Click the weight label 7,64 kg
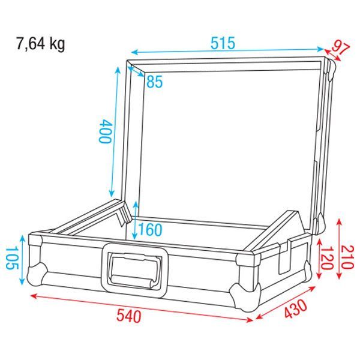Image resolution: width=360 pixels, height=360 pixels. coord(40,44)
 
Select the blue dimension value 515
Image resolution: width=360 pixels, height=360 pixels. coord(223,43)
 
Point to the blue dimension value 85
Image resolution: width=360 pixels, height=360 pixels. coord(155,82)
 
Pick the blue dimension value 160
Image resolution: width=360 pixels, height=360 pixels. coord(151,229)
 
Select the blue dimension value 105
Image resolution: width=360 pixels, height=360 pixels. coord(12,258)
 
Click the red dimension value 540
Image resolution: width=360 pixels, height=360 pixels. coord(128,316)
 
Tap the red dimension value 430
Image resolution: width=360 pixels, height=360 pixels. coord(295,309)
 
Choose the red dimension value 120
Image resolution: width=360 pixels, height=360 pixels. coord(327,257)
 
